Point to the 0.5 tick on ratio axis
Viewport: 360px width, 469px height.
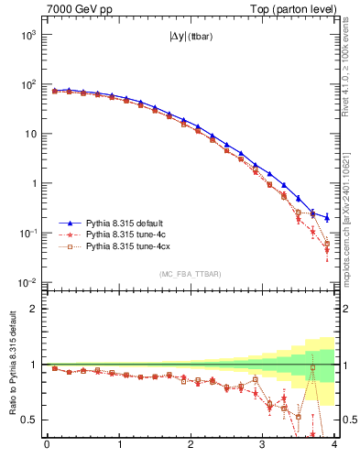coord(29,420)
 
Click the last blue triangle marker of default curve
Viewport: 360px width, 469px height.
coord(327,217)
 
